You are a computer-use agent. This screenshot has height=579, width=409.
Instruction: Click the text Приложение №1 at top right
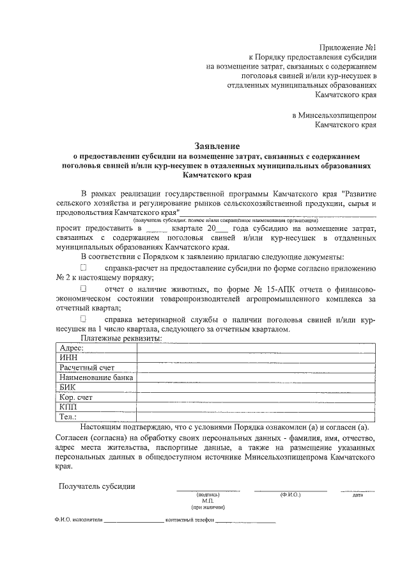click(347, 47)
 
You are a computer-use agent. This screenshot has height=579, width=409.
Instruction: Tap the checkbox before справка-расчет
click(83, 267)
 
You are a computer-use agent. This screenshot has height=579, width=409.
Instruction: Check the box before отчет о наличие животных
click(83, 289)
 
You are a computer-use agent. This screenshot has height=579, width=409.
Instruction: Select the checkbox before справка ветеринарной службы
click(83, 318)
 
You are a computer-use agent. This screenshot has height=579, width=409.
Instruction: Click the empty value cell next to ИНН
click(256, 358)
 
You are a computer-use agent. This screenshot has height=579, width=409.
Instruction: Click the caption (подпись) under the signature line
click(208, 495)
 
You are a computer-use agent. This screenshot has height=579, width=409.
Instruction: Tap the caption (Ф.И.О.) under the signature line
click(290, 495)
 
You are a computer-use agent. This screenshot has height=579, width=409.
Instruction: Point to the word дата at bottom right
click(358, 495)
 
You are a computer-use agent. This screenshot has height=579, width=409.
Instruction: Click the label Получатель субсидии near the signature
click(96, 486)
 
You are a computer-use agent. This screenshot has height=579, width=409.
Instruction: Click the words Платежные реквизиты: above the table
click(117, 338)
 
